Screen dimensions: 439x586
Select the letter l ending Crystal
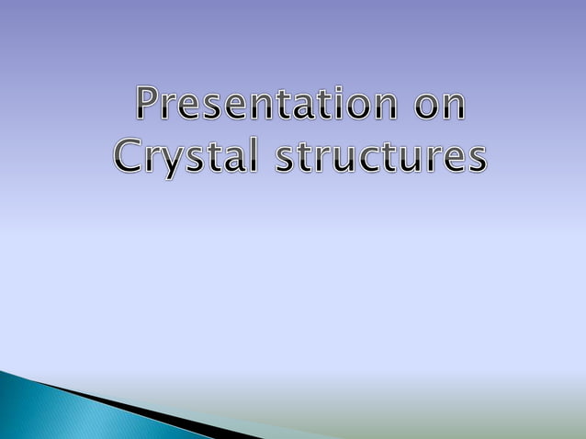click(x=242, y=153)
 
